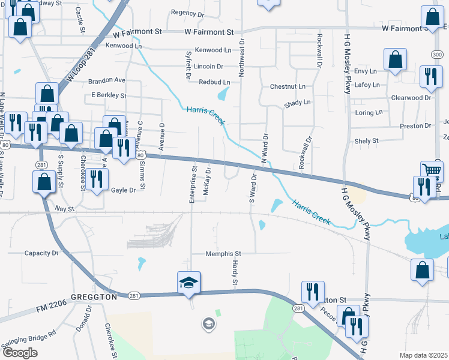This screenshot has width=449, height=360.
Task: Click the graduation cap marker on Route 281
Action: tap(188, 283)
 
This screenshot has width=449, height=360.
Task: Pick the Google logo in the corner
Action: tap(20, 352)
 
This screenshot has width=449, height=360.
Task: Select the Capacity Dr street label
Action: tap(41, 253)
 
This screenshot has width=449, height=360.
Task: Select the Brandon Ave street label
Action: tap(107, 80)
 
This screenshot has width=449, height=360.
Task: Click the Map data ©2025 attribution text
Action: tap(423, 355)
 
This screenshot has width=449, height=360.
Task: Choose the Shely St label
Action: tap(366, 141)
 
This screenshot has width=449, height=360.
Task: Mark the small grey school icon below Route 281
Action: tap(208, 324)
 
